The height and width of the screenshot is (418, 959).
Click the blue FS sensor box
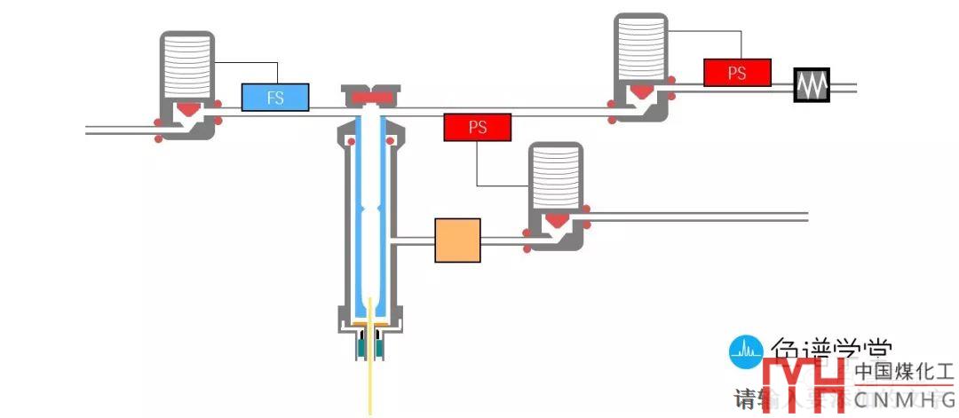pos(275,97)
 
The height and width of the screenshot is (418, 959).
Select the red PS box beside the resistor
pos(737,73)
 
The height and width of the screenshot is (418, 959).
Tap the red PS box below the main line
pos(478,128)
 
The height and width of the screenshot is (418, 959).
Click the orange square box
pos(457,240)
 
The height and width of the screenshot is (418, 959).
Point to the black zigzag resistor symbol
pos(812,85)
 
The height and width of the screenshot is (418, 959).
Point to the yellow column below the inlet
pos(369,382)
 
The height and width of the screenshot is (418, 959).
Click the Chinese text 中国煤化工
pos(904,372)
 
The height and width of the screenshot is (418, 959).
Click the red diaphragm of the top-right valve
pos(642,90)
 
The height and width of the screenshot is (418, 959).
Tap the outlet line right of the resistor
pos(844,86)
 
